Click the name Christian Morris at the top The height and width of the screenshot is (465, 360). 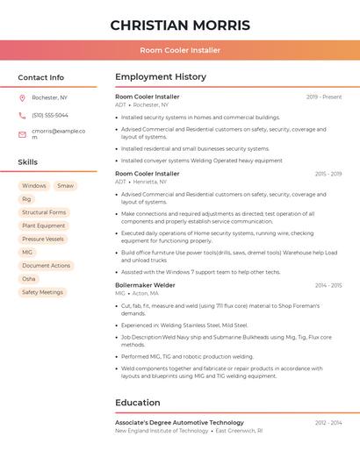tap(180, 25)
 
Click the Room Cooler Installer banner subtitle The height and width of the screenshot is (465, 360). tap(180, 50)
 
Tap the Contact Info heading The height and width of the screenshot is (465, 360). tap(41, 77)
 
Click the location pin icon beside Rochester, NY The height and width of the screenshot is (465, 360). tap(22, 98)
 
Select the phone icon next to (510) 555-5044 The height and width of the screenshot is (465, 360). tap(22, 115)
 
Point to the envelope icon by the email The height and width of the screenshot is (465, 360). tap(22, 133)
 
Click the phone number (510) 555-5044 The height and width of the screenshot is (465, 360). tap(50, 115)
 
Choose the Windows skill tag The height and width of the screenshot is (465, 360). tap(34, 186)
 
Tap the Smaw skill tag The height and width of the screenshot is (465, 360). tap(66, 186)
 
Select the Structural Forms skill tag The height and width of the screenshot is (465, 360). tap(44, 212)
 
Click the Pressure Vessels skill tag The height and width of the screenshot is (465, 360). tap(43, 239)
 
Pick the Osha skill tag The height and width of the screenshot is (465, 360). tap(29, 278)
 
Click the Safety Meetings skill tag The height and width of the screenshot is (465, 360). tap(43, 292)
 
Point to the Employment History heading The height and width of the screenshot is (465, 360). tap(161, 77)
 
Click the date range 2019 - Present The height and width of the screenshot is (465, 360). tap(324, 97)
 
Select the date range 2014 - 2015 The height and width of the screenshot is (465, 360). tap(328, 285)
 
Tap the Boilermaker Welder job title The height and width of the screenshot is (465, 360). tap(145, 285)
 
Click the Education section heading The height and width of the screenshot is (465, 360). tap(138, 403)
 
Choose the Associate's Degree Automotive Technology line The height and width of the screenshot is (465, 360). tap(179, 423)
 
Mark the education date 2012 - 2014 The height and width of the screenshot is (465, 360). tap(328, 423)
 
